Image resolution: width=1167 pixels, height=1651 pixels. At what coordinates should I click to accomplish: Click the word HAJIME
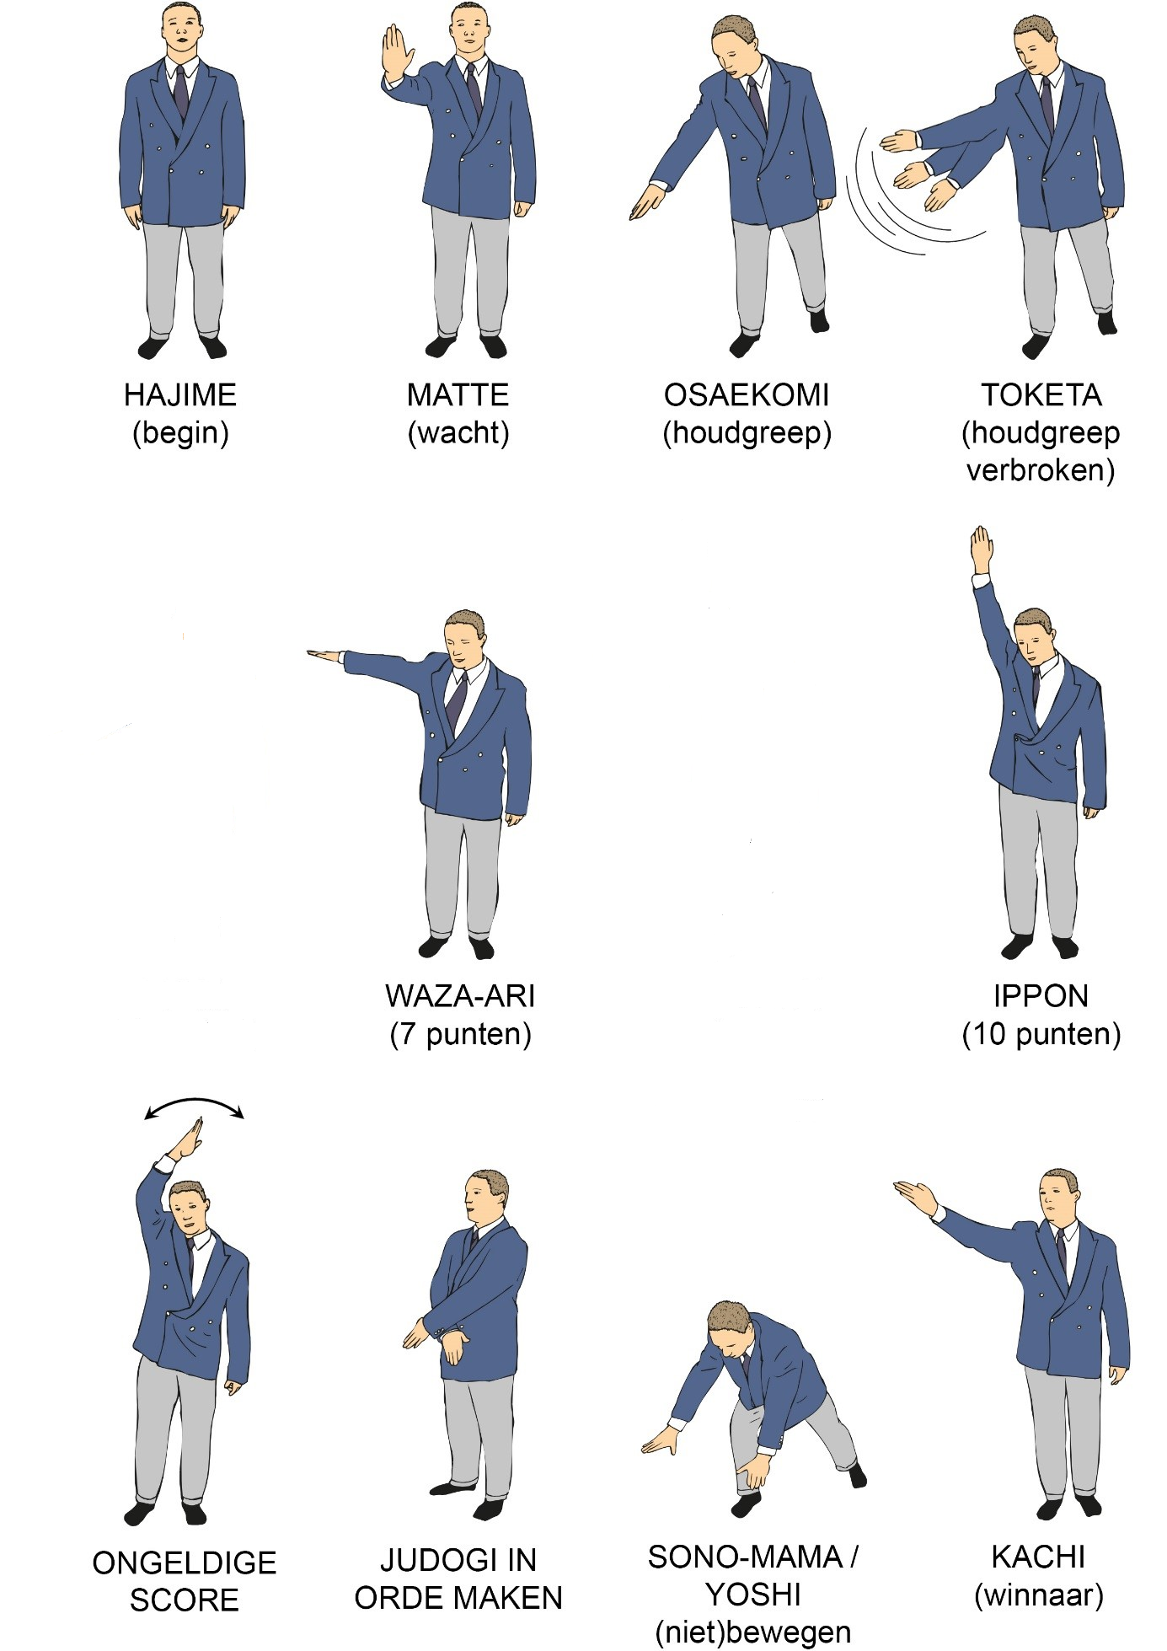click(180, 394)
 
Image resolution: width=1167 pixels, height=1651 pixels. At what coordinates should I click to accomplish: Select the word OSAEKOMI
click(747, 394)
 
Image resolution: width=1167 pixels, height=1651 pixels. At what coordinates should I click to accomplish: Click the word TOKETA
click(1041, 394)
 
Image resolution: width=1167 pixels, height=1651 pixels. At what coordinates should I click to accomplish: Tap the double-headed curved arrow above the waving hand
click(194, 1105)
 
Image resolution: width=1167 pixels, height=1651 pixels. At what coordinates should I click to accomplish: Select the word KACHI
click(1038, 1557)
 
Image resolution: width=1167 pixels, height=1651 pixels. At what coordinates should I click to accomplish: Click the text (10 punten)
click(1041, 1034)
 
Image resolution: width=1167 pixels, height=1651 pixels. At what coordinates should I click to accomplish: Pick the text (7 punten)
click(460, 1034)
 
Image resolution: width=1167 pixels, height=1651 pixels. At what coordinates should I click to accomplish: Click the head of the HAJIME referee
click(182, 30)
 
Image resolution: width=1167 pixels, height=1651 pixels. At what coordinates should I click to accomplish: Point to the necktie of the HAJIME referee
click(181, 93)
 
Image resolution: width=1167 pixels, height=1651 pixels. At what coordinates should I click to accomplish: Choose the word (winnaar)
click(1038, 1595)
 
